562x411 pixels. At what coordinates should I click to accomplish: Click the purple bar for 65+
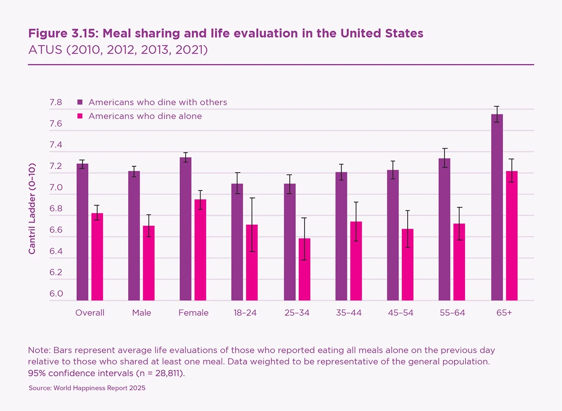tap(497, 207)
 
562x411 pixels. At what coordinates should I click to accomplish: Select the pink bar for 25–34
tap(305, 269)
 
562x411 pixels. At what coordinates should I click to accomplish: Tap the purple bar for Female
tap(186, 229)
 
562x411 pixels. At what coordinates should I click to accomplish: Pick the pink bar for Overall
tap(97, 257)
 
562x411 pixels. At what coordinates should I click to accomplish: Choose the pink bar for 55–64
tap(459, 262)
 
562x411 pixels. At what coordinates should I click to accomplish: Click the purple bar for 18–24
tap(237, 242)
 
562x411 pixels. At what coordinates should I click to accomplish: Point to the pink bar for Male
tap(149, 263)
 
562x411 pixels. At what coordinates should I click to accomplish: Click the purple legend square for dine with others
tap(80, 102)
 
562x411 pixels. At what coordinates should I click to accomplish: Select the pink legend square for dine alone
tap(80, 116)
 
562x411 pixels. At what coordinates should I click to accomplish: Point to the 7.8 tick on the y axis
tap(56, 102)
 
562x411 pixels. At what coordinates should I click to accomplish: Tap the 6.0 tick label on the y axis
tap(56, 294)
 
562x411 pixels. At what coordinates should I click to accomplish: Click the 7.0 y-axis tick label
tap(56, 188)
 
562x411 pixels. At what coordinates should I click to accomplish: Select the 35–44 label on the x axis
tap(349, 313)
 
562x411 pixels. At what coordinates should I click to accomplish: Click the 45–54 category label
tap(401, 313)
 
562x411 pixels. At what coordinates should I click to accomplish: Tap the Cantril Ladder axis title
tap(32, 208)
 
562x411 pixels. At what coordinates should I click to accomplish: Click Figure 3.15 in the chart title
tap(64, 33)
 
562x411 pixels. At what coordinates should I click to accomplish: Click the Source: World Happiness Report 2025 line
tap(87, 388)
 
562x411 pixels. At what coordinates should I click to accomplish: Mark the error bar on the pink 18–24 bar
tap(252, 225)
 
